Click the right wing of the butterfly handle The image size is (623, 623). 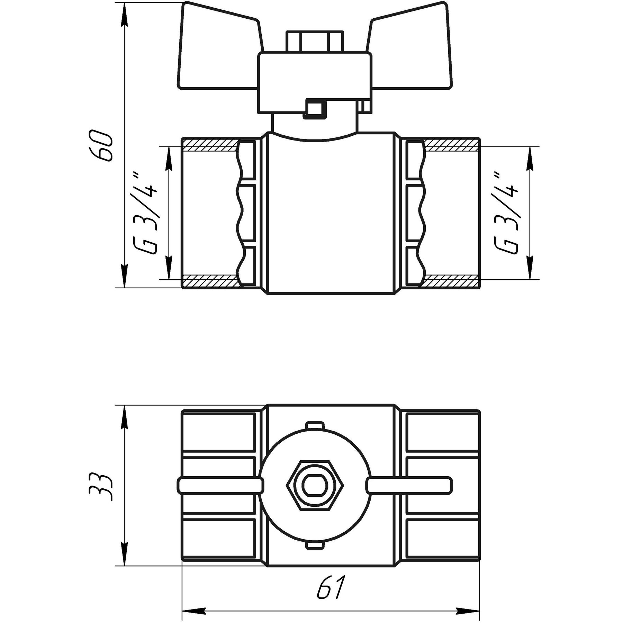tap(410, 47)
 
